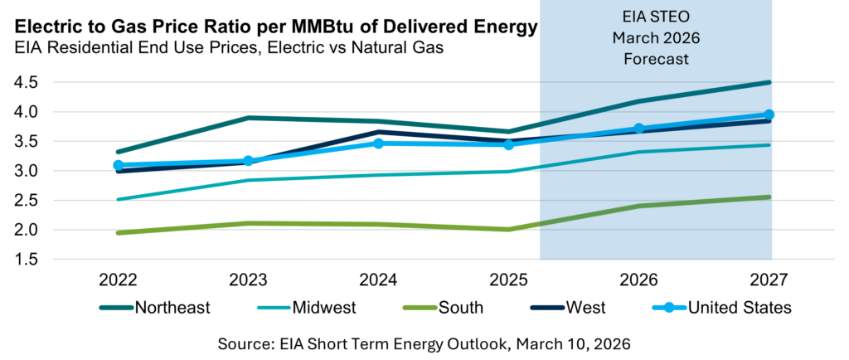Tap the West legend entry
click(587, 308)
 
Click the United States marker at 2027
click(769, 114)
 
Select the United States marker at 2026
click(639, 129)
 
